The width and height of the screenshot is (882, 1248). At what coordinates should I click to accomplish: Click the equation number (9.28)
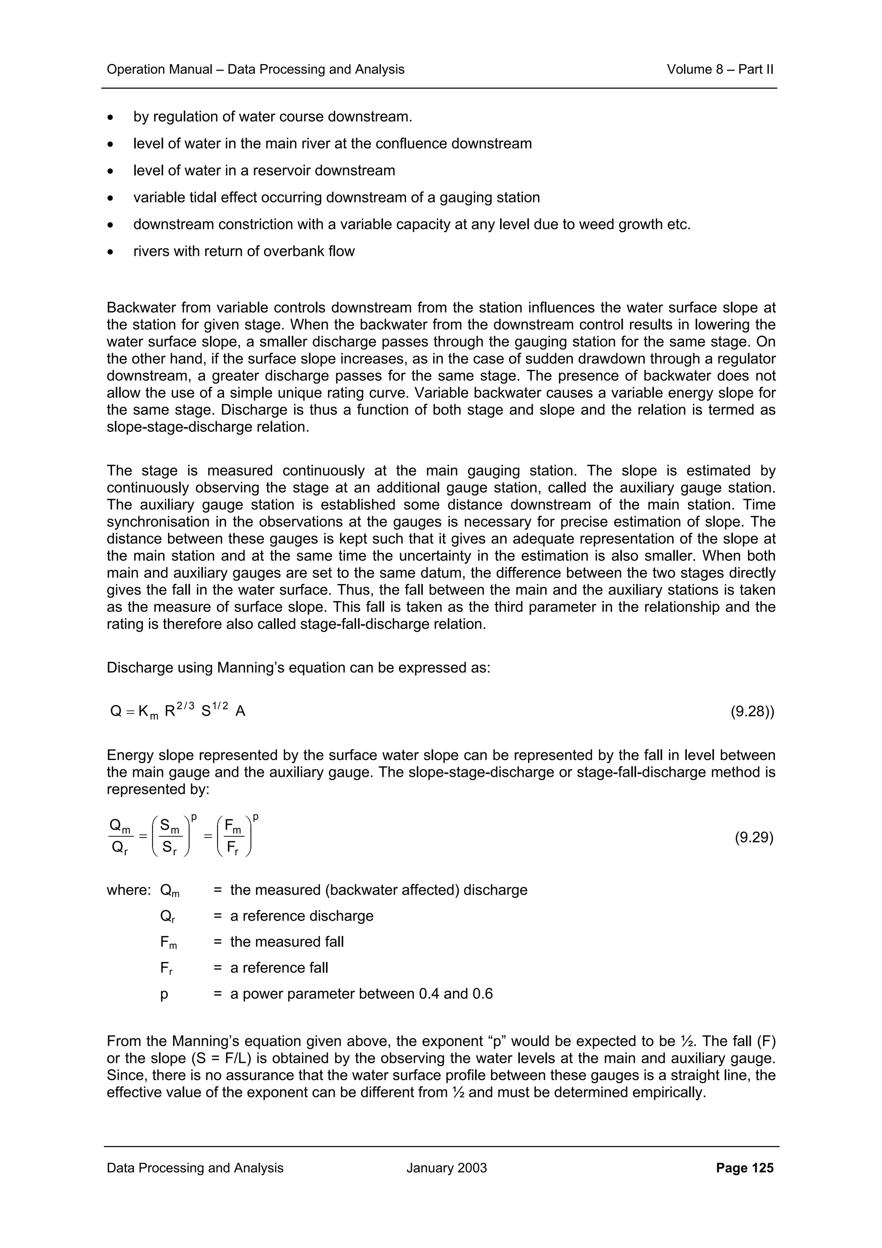point(752,711)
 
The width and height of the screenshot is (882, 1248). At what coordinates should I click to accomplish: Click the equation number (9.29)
point(754,838)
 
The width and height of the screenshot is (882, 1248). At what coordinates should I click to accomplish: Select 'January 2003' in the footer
point(446,1167)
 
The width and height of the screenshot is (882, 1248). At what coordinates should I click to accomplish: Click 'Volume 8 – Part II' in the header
point(720,70)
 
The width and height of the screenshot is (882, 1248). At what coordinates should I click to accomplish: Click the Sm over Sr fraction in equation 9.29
point(171,838)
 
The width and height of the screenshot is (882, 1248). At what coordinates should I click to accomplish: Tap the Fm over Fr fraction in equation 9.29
point(234,838)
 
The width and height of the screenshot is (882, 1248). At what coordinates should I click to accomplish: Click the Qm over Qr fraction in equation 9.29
point(120,838)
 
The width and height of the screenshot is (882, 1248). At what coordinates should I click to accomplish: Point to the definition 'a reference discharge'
point(301,916)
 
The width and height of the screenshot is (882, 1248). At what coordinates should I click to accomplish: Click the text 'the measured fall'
point(287,942)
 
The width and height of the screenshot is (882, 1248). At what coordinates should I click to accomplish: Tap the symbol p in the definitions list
point(164,995)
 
